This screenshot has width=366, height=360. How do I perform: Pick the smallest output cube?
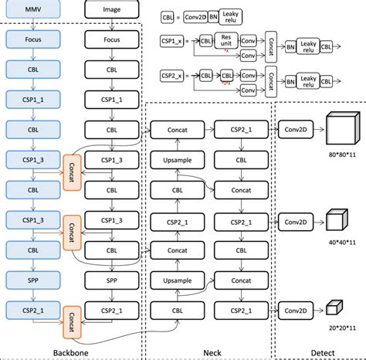pyautogui.click(x=334, y=307)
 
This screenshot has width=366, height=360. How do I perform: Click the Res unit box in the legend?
pyautogui.click(x=225, y=41)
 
